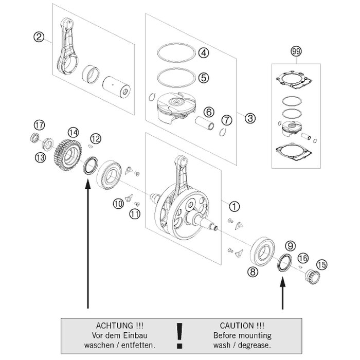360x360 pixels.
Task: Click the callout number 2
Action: tap(37, 37)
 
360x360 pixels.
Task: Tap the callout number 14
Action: tap(74, 133)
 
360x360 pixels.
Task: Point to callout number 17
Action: tap(38, 125)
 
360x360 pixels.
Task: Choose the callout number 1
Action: tap(234, 206)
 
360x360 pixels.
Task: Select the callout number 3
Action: tap(250, 119)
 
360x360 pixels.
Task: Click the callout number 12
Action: tap(95, 138)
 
